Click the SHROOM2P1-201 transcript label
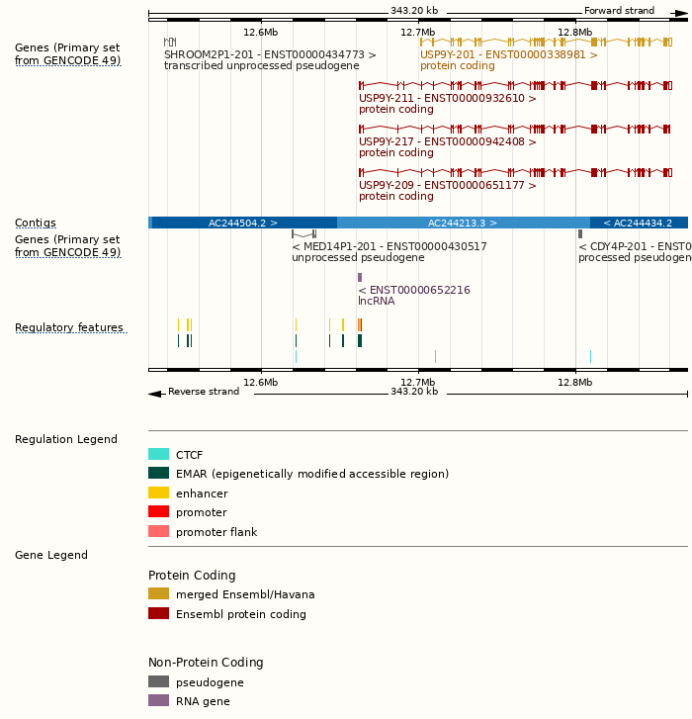click(x=270, y=54)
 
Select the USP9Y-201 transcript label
click(x=508, y=54)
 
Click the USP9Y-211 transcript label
click(x=447, y=98)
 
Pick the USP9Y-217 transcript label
click(x=447, y=141)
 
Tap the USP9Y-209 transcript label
click(x=447, y=185)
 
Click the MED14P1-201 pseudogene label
click(x=389, y=246)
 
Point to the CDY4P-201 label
click(x=634, y=246)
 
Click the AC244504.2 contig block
click(x=242, y=223)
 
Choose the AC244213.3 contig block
click(x=463, y=223)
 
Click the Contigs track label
click(x=36, y=223)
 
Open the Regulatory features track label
click(x=69, y=327)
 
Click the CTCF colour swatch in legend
click(x=158, y=454)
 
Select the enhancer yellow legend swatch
click(x=158, y=493)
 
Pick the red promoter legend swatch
click(x=158, y=511)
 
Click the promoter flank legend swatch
click(x=158, y=531)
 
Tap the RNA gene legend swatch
click(x=158, y=700)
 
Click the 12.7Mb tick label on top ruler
click(x=417, y=32)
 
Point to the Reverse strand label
click(x=203, y=392)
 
